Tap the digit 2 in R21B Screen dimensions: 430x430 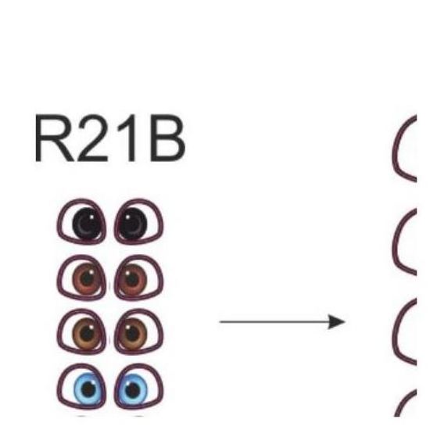click(x=93, y=138)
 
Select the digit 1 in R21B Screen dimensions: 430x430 click(x=128, y=138)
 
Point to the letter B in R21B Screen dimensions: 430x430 click(x=167, y=138)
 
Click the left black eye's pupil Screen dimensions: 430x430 click(x=87, y=223)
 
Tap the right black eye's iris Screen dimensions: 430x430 click(x=133, y=223)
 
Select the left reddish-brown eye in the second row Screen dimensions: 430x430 click(x=81, y=278)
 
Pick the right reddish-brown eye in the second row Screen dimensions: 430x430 click(x=138, y=278)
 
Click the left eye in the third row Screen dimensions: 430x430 click(x=81, y=331)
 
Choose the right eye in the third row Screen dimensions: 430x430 click(x=138, y=331)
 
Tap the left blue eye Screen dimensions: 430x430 click(x=81, y=387)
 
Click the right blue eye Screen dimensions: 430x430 click(x=138, y=387)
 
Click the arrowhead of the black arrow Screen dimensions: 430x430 click(x=337, y=321)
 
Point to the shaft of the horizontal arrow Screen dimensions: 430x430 click(x=274, y=321)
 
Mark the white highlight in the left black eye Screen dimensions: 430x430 click(x=91, y=217)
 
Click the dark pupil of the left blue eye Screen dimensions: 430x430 click(x=88, y=389)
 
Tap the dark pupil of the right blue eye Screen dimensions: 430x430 click(x=133, y=389)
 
